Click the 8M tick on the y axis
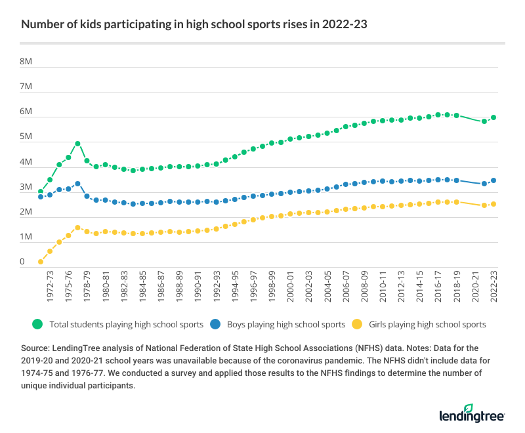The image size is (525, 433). point(26,62)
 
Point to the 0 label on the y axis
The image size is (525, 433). point(22,262)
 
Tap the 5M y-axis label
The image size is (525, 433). point(26,136)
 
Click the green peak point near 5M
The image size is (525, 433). point(77,143)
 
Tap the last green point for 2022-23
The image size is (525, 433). point(493,117)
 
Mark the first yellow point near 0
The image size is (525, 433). point(41,262)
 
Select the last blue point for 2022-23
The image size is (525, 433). point(493,180)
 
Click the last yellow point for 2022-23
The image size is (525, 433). point(493,204)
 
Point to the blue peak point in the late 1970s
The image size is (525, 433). point(77,184)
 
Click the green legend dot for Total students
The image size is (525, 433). point(38,324)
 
